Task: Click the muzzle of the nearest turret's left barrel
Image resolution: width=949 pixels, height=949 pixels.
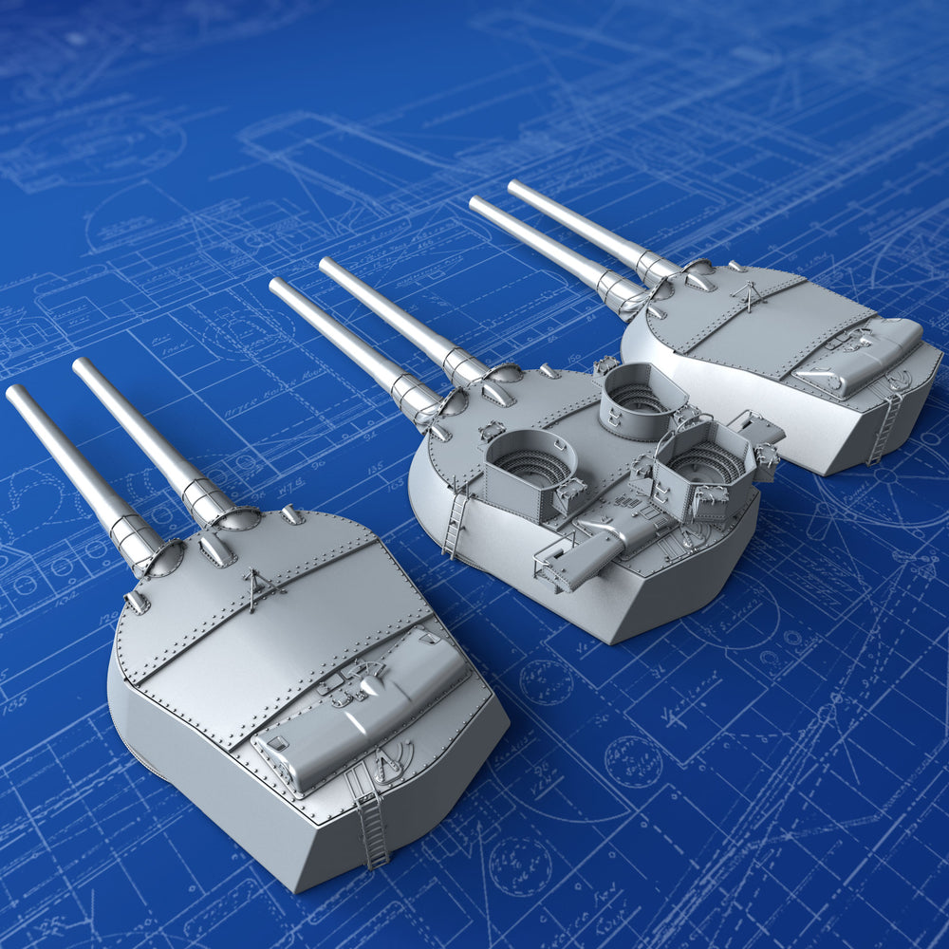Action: (x=16, y=393)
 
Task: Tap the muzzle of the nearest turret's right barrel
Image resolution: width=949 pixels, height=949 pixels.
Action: (x=83, y=365)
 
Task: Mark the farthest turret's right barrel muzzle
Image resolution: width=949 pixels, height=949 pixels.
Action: (x=516, y=186)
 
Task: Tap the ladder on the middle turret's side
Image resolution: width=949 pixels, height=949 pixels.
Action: (x=456, y=520)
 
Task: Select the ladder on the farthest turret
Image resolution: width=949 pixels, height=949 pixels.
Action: (x=884, y=428)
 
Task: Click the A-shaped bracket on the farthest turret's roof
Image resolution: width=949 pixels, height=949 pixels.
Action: (x=751, y=296)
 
